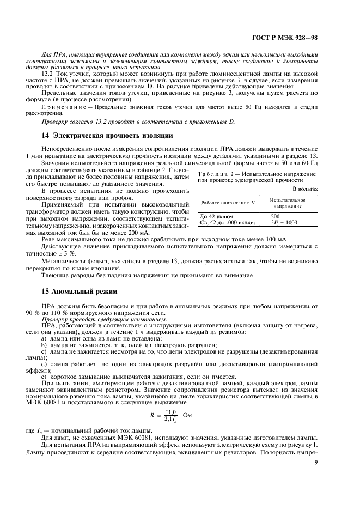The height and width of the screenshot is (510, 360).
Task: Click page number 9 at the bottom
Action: [316, 464]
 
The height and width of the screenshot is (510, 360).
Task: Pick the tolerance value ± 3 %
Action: [68, 254]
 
